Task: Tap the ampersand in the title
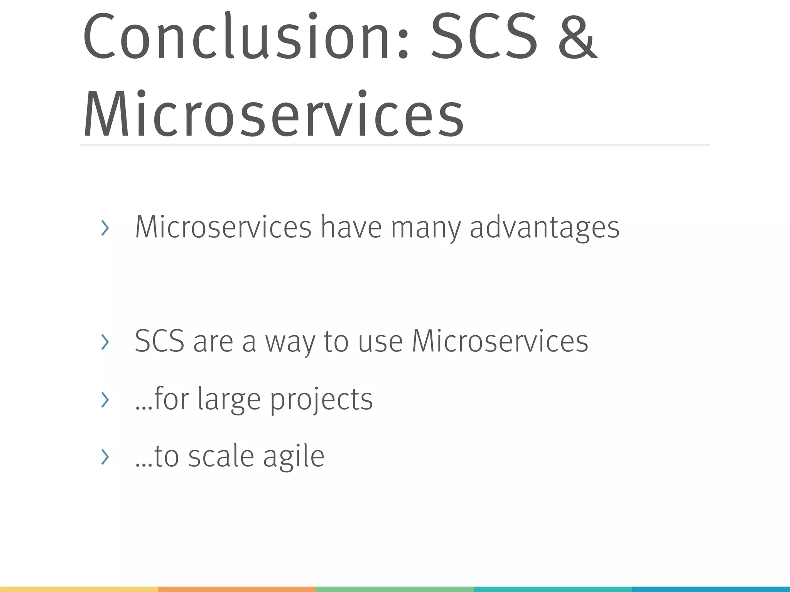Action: pyautogui.click(x=577, y=37)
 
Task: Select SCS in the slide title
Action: pyautogui.click(x=484, y=37)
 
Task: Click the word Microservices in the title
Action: pyautogui.click(x=273, y=114)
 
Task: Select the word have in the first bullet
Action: pyautogui.click(x=351, y=227)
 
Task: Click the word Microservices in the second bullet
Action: pyautogui.click(x=500, y=341)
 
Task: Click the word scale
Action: pyautogui.click(x=221, y=457)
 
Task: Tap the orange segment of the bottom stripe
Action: pyautogui.click(x=237, y=589)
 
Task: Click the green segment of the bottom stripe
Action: pyautogui.click(x=395, y=589)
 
